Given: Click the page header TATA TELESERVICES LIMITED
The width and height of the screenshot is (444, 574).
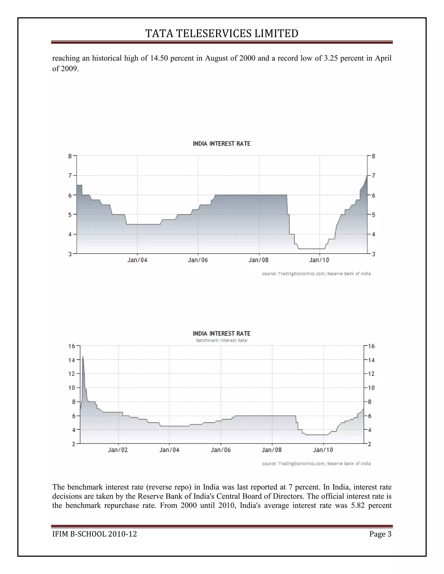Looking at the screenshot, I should click(x=222, y=34).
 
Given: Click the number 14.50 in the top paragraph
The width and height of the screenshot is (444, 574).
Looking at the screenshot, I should click(x=159, y=58).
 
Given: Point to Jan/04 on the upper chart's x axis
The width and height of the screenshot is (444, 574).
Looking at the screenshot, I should click(x=137, y=260).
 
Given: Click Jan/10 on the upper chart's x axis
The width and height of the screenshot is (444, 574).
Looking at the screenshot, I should click(x=319, y=260).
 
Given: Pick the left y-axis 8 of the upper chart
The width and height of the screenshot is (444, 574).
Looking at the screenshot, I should click(x=70, y=156).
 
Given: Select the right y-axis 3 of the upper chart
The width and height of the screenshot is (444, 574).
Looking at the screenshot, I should click(x=374, y=254).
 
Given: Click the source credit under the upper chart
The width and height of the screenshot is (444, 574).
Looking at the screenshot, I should click(x=316, y=274).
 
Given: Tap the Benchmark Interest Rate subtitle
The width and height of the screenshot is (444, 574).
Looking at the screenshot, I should click(x=222, y=340).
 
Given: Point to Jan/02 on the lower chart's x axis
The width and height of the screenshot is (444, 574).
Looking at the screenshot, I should click(x=118, y=450).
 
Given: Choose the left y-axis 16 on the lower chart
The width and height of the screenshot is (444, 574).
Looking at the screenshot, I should click(x=72, y=346).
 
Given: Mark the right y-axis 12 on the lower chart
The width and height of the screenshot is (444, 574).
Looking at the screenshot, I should click(x=371, y=374).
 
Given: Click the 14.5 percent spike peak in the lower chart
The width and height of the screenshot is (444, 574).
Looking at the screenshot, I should click(x=83, y=357).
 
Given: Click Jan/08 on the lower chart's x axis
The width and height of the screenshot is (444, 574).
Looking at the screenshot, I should click(x=271, y=450).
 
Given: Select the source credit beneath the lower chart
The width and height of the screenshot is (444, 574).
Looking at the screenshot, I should click(x=316, y=463).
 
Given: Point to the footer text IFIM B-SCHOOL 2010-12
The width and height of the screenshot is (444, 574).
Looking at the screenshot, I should click(x=95, y=534).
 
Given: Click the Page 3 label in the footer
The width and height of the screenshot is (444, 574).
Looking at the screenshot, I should click(x=380, y=534).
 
